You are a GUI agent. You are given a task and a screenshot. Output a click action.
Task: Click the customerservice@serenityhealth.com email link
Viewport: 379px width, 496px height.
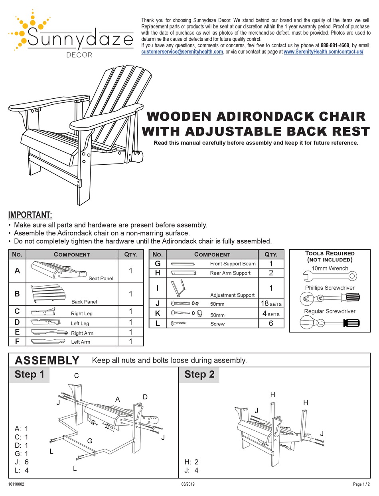pyautogui.click(x=182, y=52)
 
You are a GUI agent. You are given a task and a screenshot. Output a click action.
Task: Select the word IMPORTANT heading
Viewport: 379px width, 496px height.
pyautogui.click(x=30, y=215)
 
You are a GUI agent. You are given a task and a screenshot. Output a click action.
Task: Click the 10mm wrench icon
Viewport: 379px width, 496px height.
pyautogui.click(x=330, y=275)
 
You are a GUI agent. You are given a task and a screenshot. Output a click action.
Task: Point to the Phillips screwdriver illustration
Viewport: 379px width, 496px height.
pyautogui.click(x=330, y=298)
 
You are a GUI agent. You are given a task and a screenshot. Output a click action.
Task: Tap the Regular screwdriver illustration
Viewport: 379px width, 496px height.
pyautogui.click(x=330, y=322)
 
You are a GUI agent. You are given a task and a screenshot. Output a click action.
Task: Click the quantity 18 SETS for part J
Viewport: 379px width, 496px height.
pyautogui.click(x=270, y=304)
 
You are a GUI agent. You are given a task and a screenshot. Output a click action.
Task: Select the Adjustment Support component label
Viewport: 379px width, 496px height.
pyautogui.click(x=232, y=295)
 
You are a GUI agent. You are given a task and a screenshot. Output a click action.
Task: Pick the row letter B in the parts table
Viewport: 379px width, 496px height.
pyautogui.click(x=17, y=294)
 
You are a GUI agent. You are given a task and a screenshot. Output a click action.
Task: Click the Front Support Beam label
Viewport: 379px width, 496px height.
pyautogui.click(x=233, y=264)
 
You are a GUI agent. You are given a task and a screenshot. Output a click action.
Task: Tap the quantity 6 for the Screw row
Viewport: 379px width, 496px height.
pyautogui.click(x=270, y=323)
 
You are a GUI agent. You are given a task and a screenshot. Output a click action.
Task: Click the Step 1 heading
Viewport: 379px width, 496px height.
pyautogui.click(x=29, y=374)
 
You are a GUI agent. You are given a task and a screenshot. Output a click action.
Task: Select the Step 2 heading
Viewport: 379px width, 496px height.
pyautogui.click(x=199, y=374)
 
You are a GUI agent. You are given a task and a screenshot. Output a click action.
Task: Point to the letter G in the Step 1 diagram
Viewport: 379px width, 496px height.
pyautogui.click(x=90, y=441)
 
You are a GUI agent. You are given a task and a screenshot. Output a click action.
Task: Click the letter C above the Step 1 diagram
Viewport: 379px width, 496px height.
pyautogui.click(x=76, y=376)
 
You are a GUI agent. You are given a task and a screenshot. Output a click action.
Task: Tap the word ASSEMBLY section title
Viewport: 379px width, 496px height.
pyautogui.click(x=47, y=361)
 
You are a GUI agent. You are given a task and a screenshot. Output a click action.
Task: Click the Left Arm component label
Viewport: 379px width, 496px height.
pyautogui.click(x=80, y=342)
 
